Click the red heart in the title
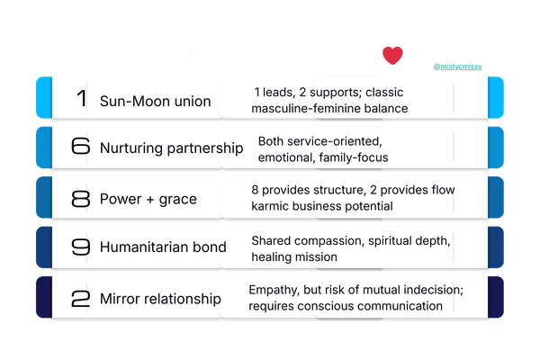tap(393, 56)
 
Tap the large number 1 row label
tap(82, 99)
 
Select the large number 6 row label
tap(81, 148)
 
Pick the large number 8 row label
tap(81, 198)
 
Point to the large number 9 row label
tap(81, 247)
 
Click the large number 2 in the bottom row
tap(81, 298)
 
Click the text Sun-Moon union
tap(155, 101)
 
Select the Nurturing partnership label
tap(171, 148)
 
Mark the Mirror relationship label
tap(160, 298)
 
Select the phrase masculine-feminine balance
tap(330, 109)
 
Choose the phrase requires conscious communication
tap(346, 306)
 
